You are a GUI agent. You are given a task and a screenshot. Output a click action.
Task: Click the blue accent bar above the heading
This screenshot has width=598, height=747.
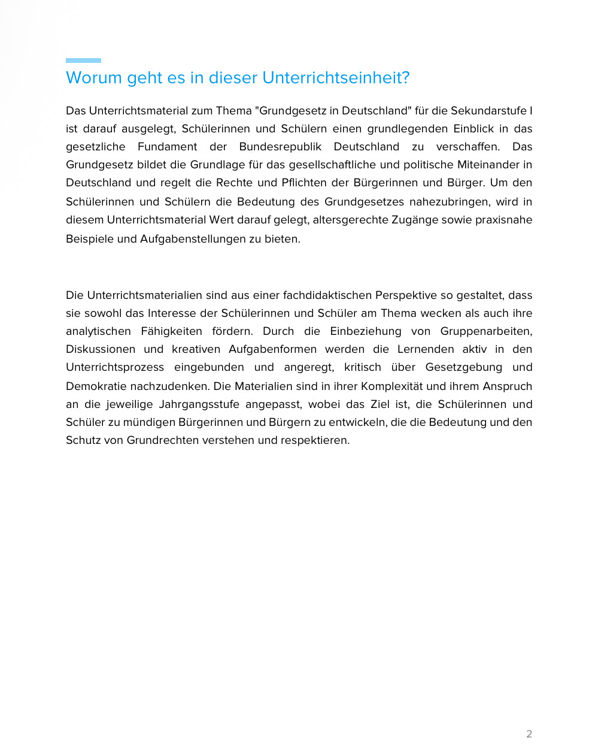pyautogui.click(x=83, y=61)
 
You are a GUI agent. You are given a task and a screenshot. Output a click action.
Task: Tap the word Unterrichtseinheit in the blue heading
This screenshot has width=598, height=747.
pyautogui.click(x=335, y=78)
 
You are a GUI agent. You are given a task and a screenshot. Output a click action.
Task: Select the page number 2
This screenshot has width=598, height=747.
pyautogui.click(x=529, y=734)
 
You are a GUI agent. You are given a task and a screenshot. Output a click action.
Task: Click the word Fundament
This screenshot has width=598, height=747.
pyautogui.click(x=167, y=147)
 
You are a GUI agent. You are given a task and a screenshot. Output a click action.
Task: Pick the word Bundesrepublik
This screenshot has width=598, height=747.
pyautogui.click(x=280, y=147)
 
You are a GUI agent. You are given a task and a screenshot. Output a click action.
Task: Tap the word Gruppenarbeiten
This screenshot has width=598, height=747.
pyautogui.click(x=486, y=331)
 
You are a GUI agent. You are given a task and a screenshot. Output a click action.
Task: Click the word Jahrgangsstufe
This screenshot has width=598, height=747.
pyautogui.click(x=199, y=404)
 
